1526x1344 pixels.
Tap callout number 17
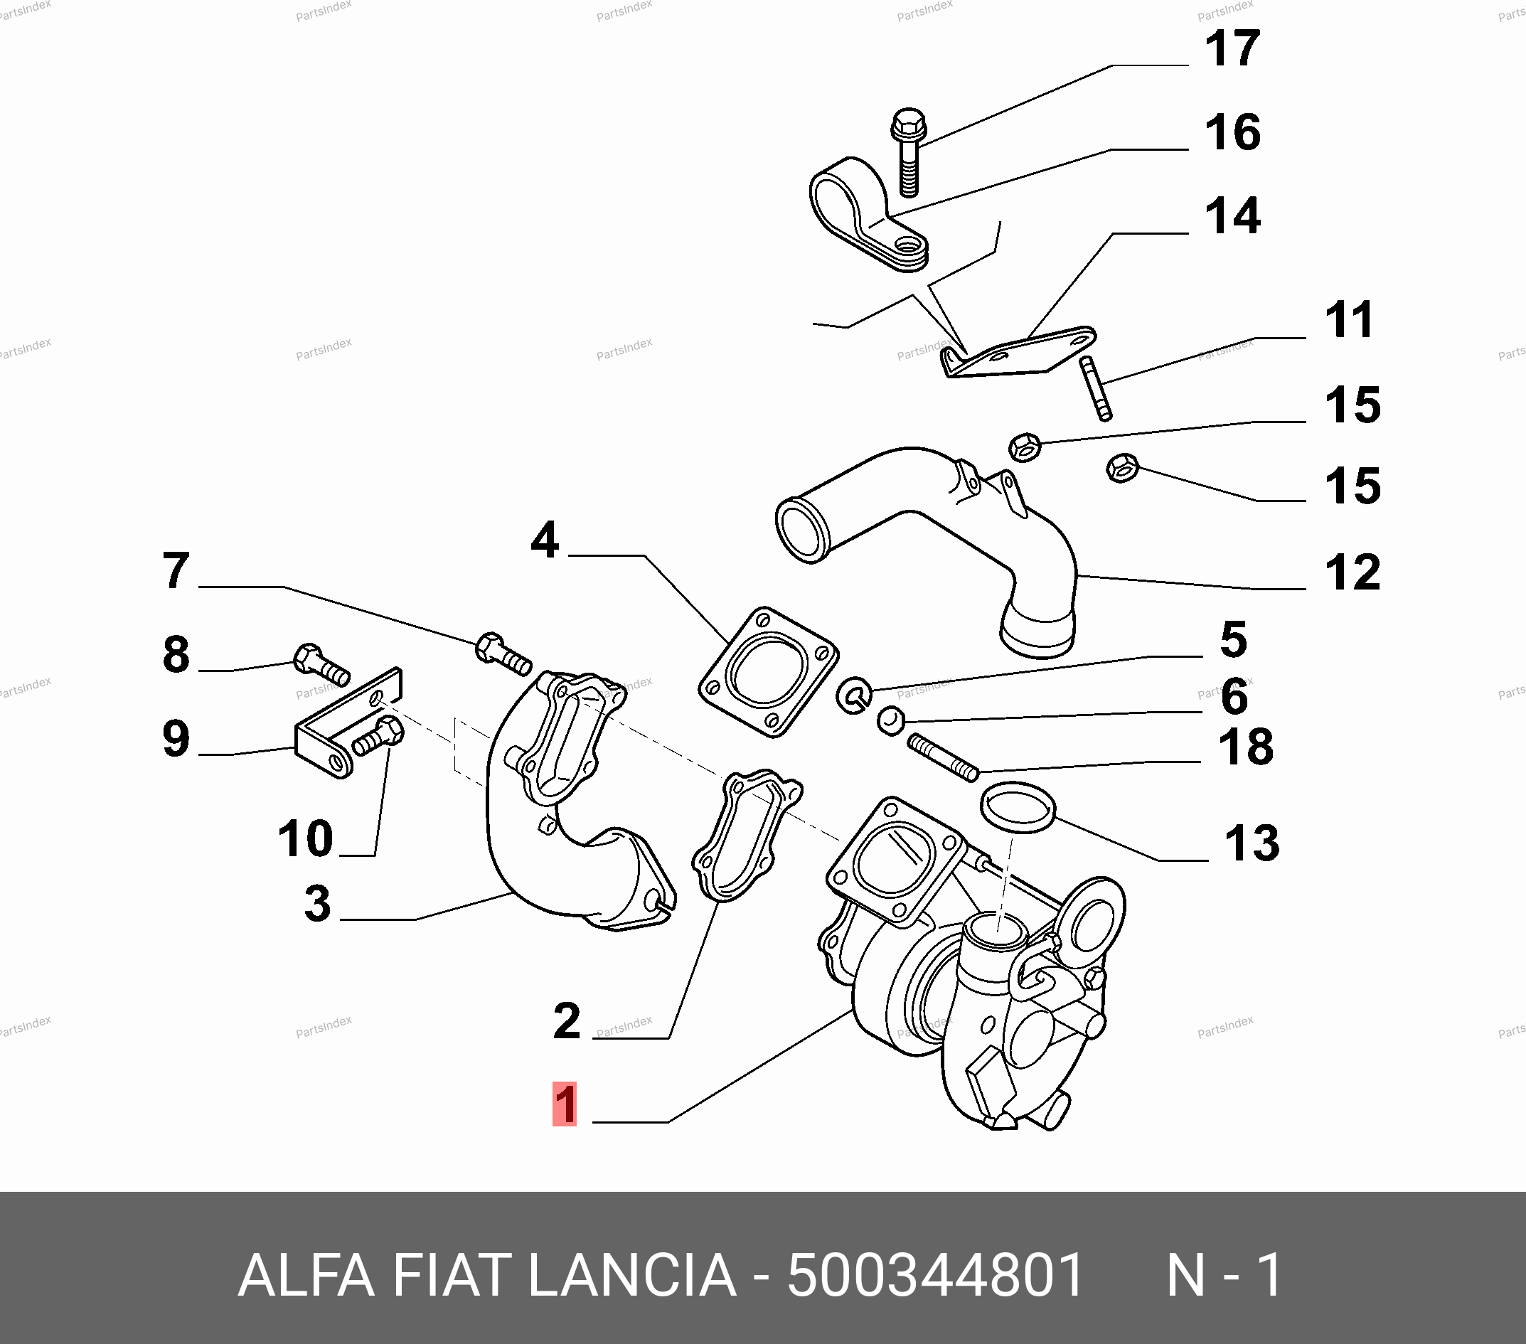coord(1232,48)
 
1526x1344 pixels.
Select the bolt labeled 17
coord(908,152)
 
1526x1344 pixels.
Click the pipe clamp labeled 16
coord(866,213)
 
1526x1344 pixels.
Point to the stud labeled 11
coord(1095,388)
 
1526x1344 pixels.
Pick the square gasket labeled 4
coord(768,671)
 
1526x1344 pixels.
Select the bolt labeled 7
coord(503,654)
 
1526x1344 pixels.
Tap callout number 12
coord(1352,572)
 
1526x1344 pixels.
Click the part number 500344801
coord(936,1275)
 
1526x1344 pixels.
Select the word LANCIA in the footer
coord(632,1275)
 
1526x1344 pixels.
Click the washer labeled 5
coord(854,693)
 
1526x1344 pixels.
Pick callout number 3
coord(317,902)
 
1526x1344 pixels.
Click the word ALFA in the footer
coord(305,1275)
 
